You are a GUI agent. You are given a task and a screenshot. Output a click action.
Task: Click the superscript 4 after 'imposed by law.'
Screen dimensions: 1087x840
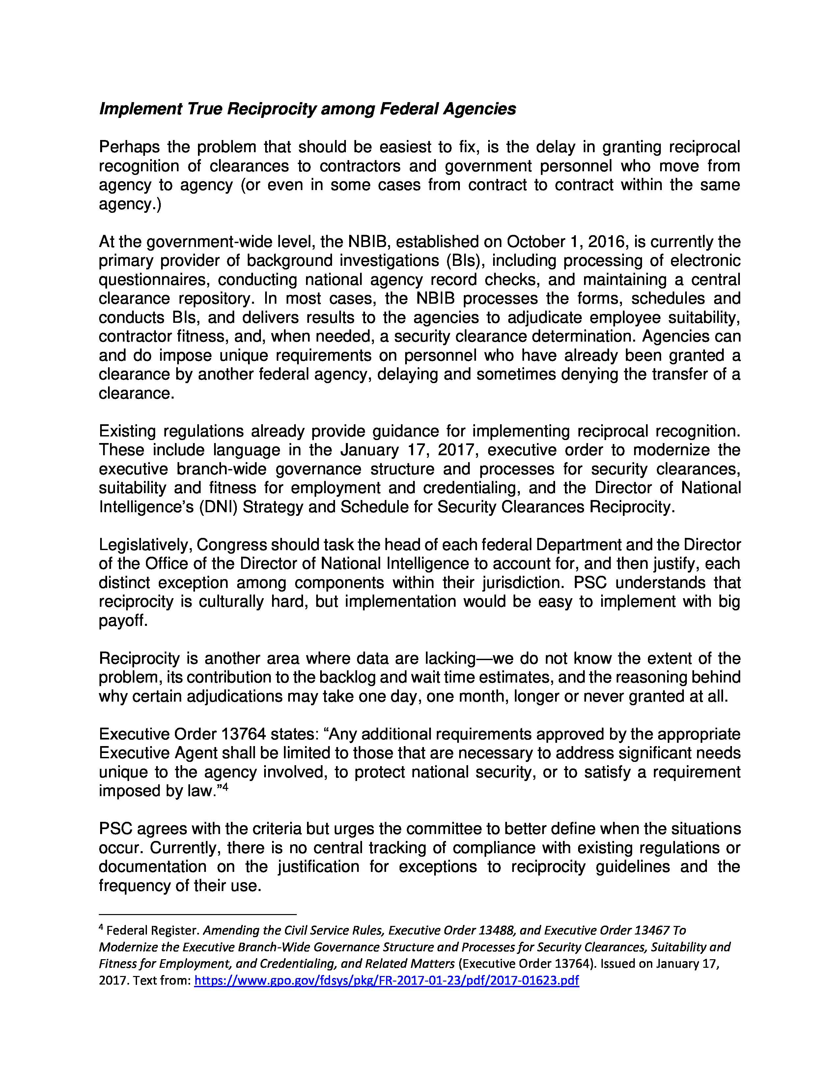[x=225, y=787]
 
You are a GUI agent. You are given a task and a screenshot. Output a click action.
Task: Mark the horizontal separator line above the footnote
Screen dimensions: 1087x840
[x=198, y=914]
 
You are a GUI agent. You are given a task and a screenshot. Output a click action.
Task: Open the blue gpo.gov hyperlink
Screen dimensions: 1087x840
[x=386, y=981]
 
